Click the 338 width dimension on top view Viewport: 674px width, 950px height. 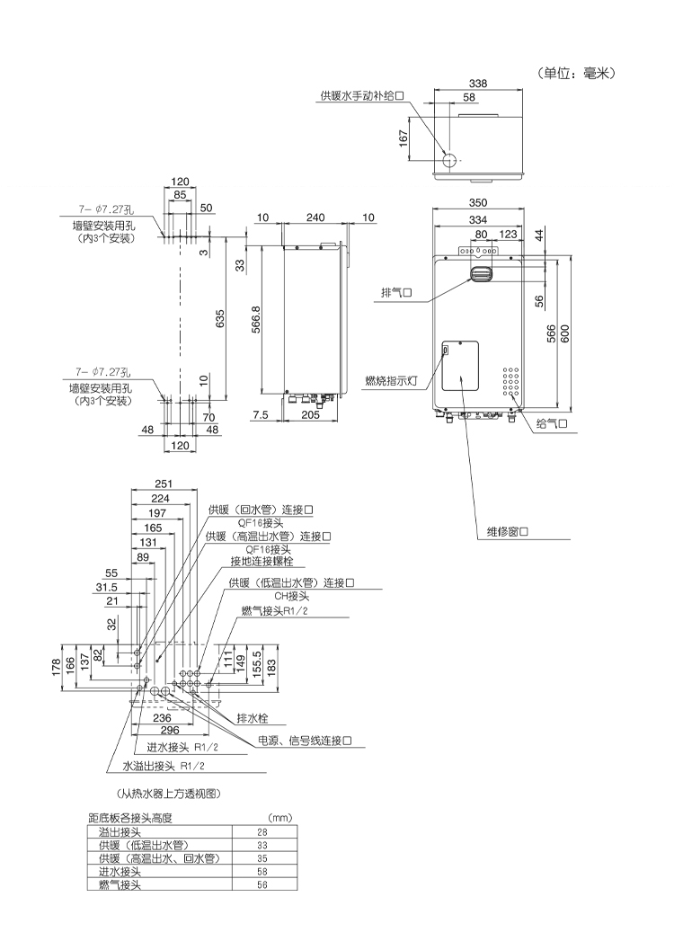coord(478,84)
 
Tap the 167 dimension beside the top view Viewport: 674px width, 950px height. coord(405,137)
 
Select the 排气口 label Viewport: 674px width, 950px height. coord(396,293)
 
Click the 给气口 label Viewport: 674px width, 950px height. coord(553,422)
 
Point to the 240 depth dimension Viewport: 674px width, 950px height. coord(315,218)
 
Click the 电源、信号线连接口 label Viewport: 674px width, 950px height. coord(305,741)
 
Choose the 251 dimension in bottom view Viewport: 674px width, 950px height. coord(163,484)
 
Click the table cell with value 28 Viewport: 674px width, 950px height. coord(262,833)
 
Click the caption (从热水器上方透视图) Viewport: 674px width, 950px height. coord(170,794)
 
